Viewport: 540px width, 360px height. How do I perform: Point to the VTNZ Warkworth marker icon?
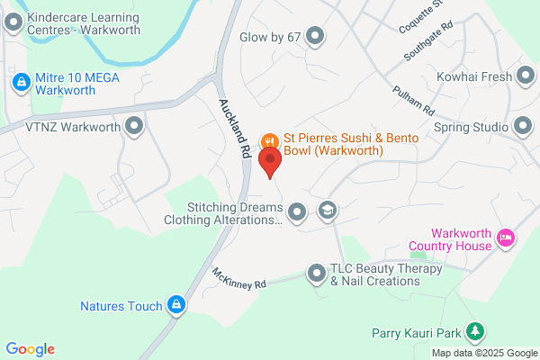135,127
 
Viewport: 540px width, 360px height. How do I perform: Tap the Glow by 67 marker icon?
315,36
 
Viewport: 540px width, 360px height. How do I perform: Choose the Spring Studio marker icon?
525,127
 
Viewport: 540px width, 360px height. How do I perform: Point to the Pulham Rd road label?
413,100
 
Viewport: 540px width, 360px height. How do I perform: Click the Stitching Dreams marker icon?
298,212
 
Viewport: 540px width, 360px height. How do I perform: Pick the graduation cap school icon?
328,211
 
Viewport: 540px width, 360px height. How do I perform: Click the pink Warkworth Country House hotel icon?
506,238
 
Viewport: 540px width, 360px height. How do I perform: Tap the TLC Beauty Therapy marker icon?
316,272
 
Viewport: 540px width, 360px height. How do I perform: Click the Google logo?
30,349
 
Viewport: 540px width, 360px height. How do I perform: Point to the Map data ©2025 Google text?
484,353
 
